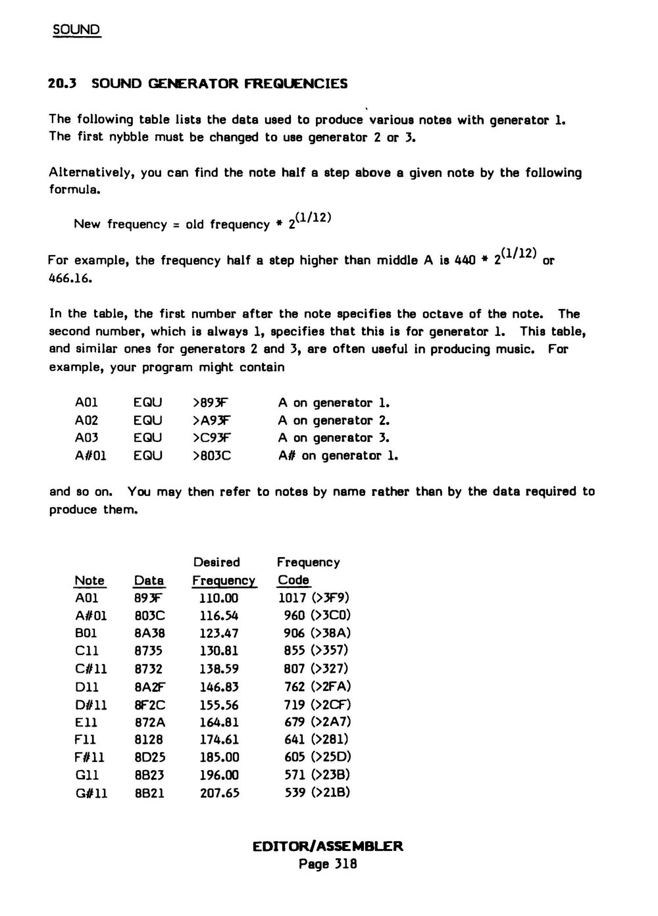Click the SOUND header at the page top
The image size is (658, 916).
pos(76,30)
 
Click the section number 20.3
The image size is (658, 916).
pos(63,84)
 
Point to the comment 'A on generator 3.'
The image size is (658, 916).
pos(334,438)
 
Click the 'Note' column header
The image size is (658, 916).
pos(89,581)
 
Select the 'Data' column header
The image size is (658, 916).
pos(149,581)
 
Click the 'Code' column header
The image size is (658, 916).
pos(293,580)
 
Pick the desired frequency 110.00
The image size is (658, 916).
pos(219,598)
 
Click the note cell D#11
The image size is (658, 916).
pos(91,705)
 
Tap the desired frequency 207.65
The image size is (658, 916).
pos(219,793)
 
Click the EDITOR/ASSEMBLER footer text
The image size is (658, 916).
pos(328,846)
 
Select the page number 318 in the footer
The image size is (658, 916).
pos(345,864)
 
